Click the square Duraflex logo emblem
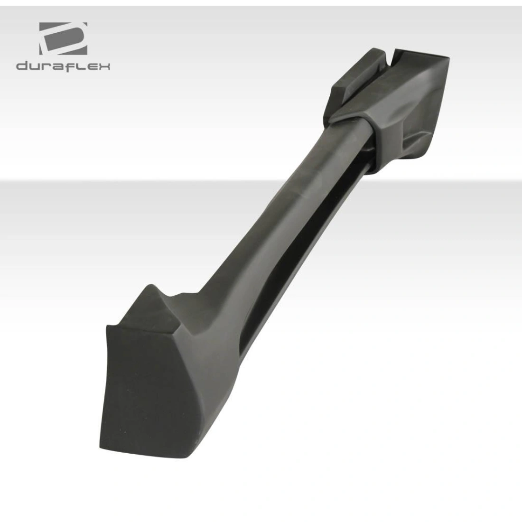click(63, 38)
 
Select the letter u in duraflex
click(35, 66)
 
